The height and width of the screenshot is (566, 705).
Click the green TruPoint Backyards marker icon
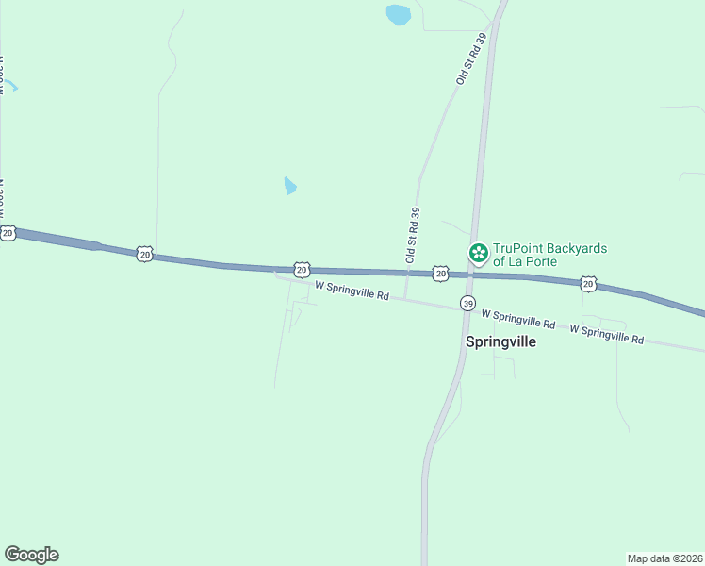click(479, 252)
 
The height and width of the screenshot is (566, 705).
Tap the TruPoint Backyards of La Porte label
click(550, 255)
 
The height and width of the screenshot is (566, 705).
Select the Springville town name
click(500, 341)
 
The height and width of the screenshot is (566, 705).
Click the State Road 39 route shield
click(467, 303)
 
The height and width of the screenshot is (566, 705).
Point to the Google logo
click(31, 555)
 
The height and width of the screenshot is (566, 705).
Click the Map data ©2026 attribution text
click(664, 558)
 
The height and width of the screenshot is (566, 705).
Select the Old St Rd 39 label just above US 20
click(412, 235)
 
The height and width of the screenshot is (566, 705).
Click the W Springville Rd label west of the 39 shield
click(352, 290)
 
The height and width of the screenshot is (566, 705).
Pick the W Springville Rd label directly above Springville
click(517, 318)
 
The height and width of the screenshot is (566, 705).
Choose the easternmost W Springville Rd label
click(607, 333)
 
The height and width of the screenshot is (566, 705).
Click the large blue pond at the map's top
click(399, 14)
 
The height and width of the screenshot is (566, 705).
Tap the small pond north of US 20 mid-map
click(290, 186)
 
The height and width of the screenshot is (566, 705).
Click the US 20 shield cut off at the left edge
click(8, 232)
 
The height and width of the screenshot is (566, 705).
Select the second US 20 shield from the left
click(143, 253)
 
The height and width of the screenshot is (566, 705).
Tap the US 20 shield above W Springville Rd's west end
click(301, 270)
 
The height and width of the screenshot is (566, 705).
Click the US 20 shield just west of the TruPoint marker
click(440, 273)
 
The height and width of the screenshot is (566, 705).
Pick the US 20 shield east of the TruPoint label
click(588, 283)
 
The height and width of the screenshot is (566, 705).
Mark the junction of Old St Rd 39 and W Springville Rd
click(405, 299)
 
